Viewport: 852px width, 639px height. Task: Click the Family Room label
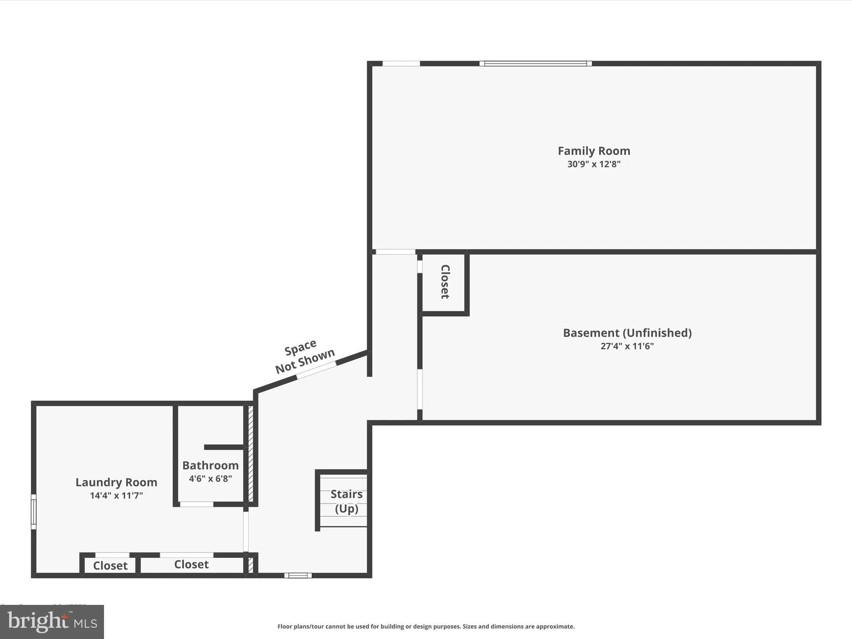pos(594,151)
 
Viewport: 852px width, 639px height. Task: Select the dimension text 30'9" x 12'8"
pos(594,164)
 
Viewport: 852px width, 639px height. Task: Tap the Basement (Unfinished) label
pos(627,333)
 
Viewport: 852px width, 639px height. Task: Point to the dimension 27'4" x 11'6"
pos(627,346)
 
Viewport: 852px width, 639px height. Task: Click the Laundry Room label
pos(116,482)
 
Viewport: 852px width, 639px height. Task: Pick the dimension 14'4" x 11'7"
pos(116,495)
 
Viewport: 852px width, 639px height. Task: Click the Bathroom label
pos(210,465)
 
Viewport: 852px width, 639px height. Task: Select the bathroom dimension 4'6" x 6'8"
pos(210,478)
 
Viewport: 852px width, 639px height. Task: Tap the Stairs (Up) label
pos(346,501)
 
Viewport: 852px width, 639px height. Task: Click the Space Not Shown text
pos(304,356)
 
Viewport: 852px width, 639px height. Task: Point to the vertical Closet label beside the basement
pos(445,282)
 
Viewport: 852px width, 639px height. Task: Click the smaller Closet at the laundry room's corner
pos(110,566)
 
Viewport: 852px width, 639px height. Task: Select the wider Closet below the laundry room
pos(191,565)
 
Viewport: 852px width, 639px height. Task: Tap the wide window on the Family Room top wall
pos(535,64)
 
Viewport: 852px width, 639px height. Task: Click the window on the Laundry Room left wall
pos(34,512)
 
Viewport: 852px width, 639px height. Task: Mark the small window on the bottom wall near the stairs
pos(298,575)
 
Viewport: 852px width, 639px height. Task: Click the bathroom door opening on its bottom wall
pos(196,504)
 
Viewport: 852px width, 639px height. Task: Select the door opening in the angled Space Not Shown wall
pos(316,370)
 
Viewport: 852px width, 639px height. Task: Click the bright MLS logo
pos(52,622)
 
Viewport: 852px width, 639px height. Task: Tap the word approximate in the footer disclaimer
pos(555,627)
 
